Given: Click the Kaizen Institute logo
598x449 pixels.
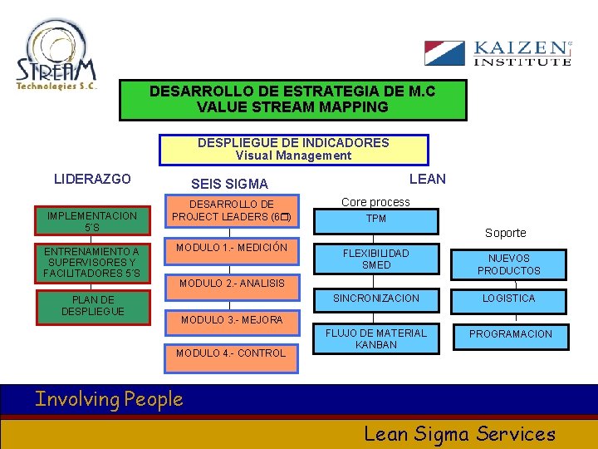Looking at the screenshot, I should coord(498,52).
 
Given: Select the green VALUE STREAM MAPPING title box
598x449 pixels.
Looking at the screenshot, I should coord(292,100).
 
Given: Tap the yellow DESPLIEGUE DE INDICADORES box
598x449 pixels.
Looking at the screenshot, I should coord(293,149).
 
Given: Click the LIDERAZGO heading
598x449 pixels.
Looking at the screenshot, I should coord(92,179).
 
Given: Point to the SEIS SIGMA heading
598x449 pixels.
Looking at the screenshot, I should coord(229,184).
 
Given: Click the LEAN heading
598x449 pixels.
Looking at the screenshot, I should coord(428,179).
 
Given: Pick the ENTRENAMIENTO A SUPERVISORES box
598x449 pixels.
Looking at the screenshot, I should coord(92,263).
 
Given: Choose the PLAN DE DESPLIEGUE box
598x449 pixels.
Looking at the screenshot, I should coord(92,305).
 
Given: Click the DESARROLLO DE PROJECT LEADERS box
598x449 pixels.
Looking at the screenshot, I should coord(231,211).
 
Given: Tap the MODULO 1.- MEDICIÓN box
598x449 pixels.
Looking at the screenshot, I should coord(231,248).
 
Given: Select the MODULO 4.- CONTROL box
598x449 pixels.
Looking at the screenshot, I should coord(231,353).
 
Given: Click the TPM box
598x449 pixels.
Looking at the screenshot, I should coord(376,220).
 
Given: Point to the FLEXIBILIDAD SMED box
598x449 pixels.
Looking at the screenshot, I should coord(376,259).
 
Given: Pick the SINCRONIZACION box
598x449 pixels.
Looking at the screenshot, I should coord(376,299).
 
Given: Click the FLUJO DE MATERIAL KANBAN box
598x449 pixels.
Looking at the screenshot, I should coord(376,338).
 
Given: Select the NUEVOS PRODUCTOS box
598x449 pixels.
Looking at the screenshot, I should coord(508,264).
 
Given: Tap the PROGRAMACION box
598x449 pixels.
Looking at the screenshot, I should coord(510,334).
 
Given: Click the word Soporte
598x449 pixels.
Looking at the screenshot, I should coord(505,233).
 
